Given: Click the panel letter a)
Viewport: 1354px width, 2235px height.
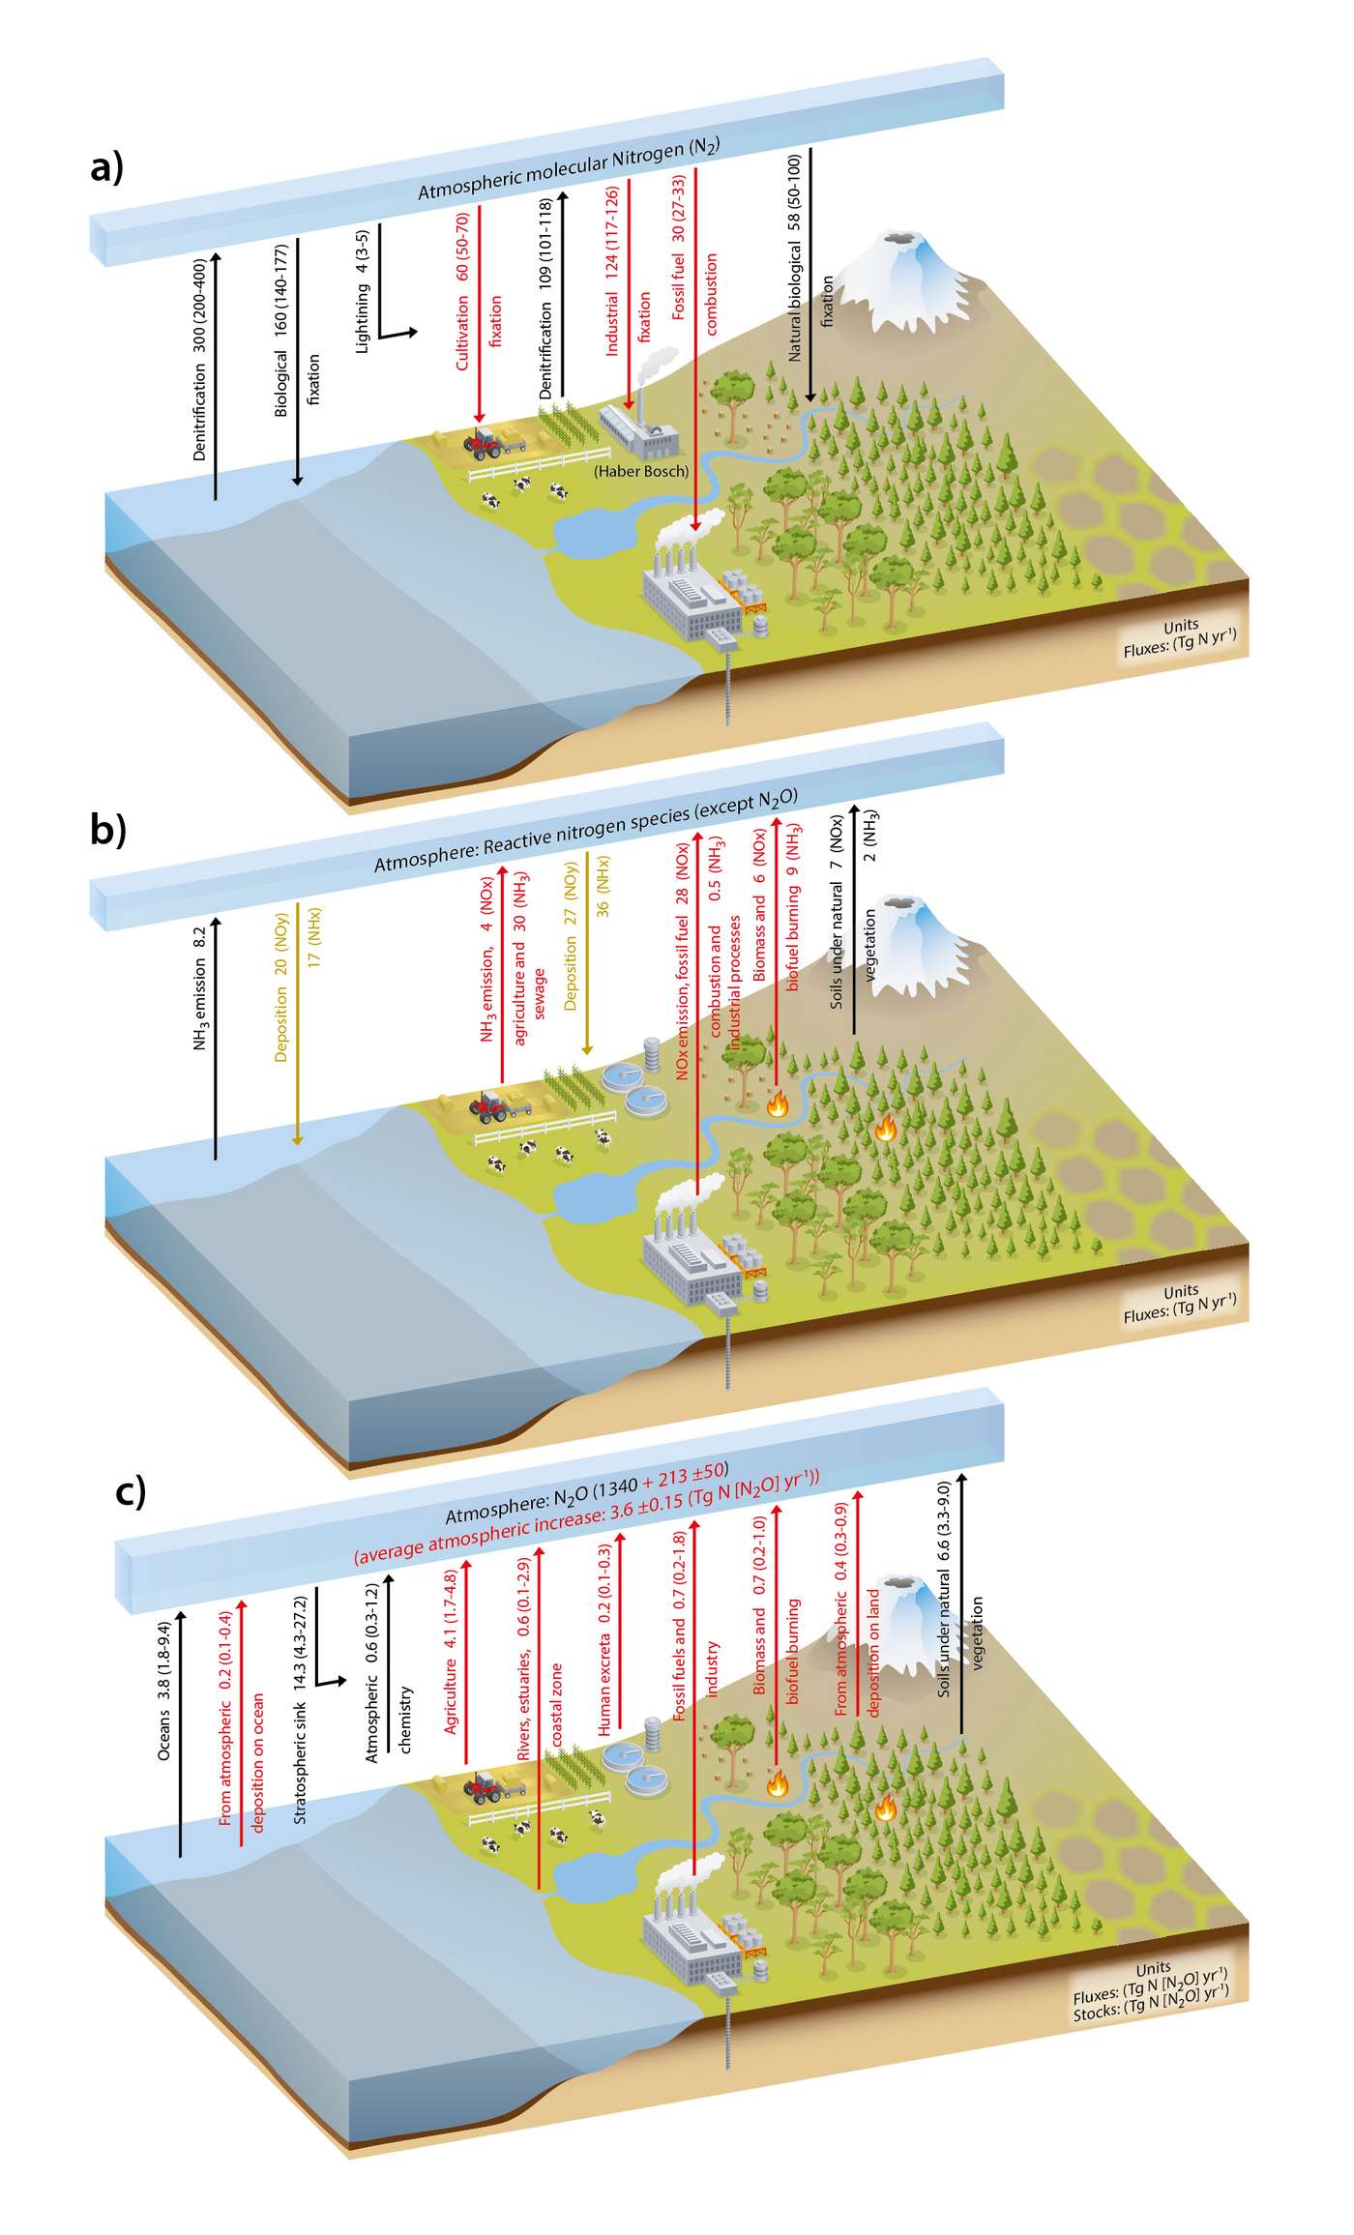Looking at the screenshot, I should [106, 167].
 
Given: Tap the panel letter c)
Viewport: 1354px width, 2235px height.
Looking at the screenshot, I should [131, 1490].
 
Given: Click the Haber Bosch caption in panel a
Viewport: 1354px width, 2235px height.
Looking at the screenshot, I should [641, 471].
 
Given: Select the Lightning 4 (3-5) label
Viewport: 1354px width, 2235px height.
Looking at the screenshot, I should [363, 291].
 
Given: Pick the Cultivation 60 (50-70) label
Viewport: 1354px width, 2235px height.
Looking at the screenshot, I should [463, 290].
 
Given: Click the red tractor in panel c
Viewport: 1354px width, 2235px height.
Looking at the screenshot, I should [484, 1782].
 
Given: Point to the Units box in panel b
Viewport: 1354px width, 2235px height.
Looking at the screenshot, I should [1180, 1303].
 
